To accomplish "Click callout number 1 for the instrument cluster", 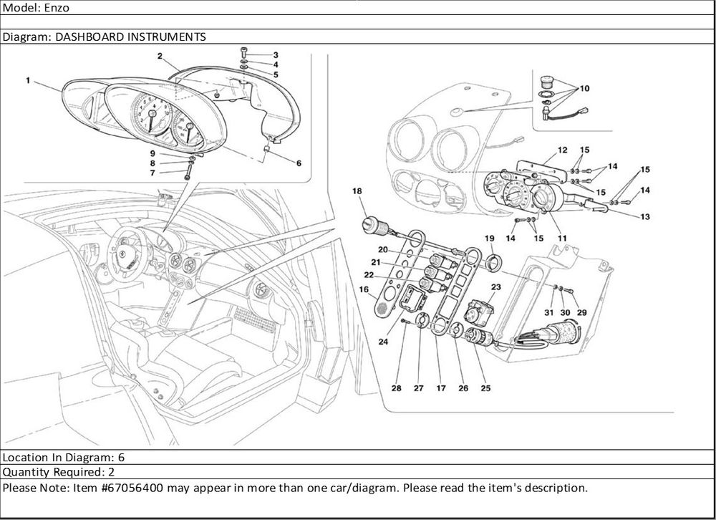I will pyautogui.click(x=28, y=81).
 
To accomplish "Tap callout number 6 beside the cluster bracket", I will pyautogui.click(x=299, y=163).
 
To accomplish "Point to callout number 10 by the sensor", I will pyautogui.click(x=584, y=88).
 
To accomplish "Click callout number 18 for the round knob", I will pyautogui.click(x=357, y=191).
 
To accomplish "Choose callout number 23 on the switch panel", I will pyautogui.click(x=495, y=287).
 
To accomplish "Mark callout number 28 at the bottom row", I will pyautogui.click(x=396, y=388).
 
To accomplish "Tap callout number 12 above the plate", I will pyautogui.click(x=563, y=150).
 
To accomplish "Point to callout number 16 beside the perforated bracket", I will pyautogui.click(x=363, y=289).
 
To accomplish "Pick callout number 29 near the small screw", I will pyautogui.click(x=581, y=313).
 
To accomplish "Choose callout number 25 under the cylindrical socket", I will pyautogui.click(x=486, y=388).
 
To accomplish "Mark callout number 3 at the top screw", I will pyautogui.click(x=276, y=55).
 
